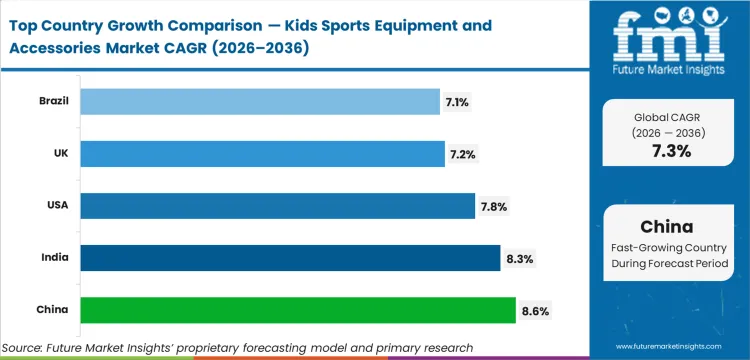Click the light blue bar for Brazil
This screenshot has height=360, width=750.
[259, 101]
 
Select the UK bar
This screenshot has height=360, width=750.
[262, 153]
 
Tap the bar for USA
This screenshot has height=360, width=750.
[277, 206]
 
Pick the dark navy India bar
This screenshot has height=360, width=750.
[290, 258]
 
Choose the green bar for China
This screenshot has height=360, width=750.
[297, 310]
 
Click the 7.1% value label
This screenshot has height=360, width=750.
[461, 102]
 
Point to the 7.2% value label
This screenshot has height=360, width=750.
[466, 154]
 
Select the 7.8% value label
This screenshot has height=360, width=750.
[495, 207]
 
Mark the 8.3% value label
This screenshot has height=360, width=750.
[520, 259]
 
